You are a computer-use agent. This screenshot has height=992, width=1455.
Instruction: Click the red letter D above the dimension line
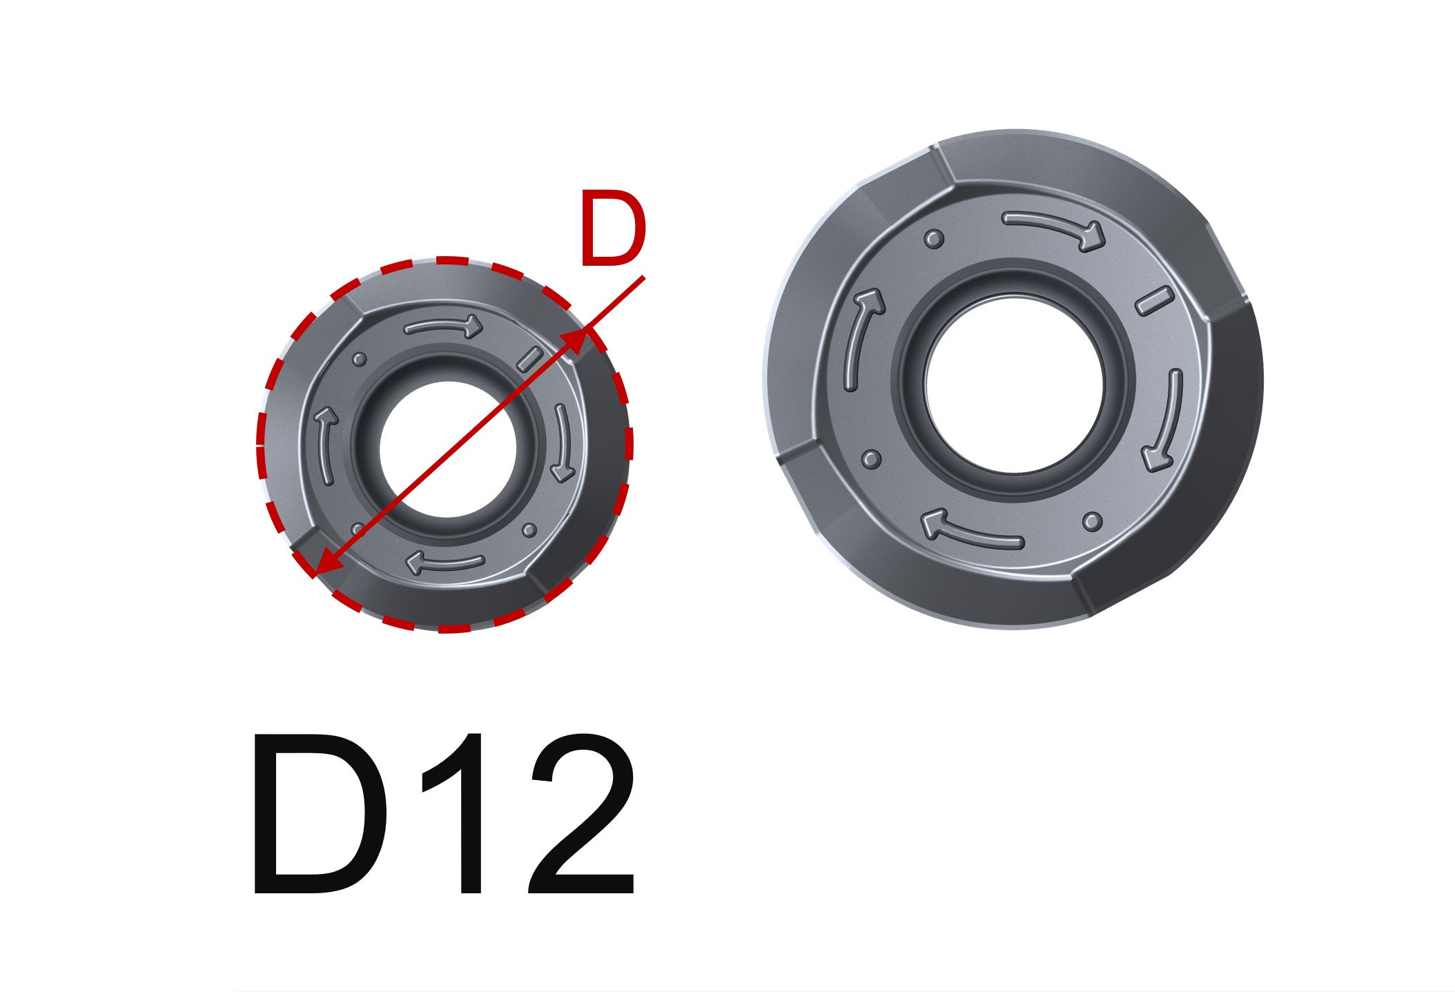[x=612, y=231]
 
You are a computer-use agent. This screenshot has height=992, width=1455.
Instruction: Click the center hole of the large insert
[x=1014, y=385]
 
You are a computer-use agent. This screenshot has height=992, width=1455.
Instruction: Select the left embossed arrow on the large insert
[x=861, y=338]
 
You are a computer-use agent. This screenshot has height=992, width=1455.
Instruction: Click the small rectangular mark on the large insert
[x=1154, y=301]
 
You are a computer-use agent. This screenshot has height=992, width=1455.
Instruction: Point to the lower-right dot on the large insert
[x=1092, y=521]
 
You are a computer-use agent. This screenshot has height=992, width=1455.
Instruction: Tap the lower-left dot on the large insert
[x=872, y=458]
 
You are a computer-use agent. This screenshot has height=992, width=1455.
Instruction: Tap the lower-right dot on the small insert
[x=529, y=530]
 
